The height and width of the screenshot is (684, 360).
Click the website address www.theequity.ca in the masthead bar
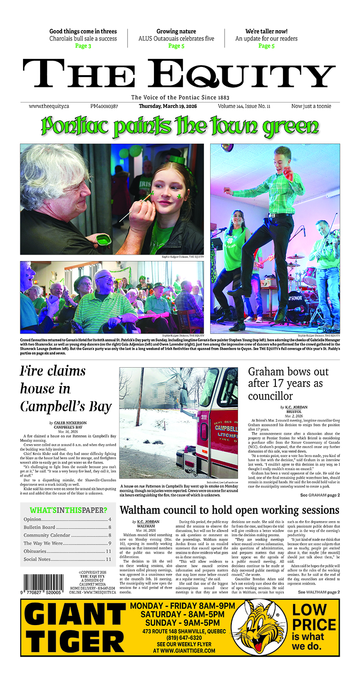click(49, 106)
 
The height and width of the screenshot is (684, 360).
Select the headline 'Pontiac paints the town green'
click(180, 126)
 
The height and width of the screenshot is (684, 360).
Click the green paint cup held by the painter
click(104, 239)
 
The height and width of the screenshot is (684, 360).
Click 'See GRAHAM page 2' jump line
click(320, 495)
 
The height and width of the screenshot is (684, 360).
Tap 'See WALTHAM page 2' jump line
click(319, 592)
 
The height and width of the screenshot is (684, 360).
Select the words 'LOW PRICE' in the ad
click(314, 617)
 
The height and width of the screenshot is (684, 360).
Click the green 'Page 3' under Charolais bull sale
click(83, 46)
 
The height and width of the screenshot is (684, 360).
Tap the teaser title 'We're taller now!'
click(266, 31)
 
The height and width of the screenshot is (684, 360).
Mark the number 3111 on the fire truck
click(204, 417)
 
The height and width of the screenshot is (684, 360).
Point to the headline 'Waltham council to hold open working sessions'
click(229, 510)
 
